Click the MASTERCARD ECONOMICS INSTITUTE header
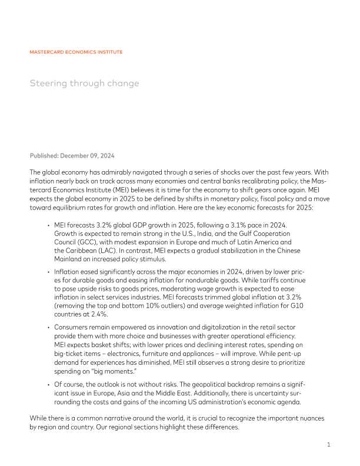[x=76, y=52]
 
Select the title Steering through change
[x=84, y=83]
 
